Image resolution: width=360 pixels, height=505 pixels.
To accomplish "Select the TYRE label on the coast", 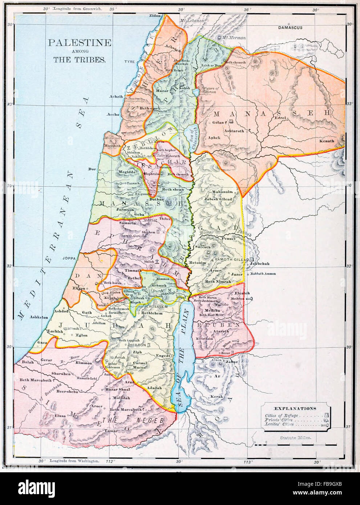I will [129, 62].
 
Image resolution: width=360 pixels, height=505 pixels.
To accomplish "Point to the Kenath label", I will [326, 141].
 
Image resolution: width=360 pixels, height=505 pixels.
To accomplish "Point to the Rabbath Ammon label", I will [263, 274].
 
